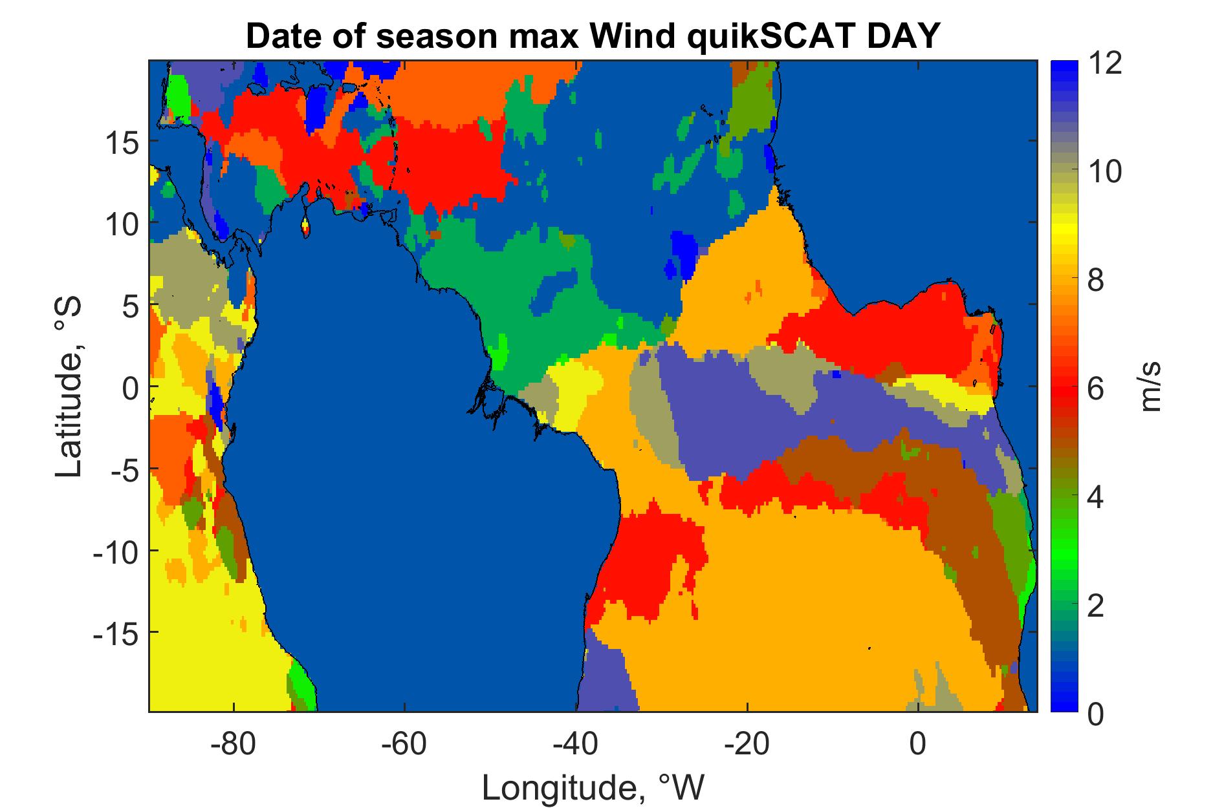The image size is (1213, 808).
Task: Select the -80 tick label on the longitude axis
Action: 234,744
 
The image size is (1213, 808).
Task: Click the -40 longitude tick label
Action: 576,744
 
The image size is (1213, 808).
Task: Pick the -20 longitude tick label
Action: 747,744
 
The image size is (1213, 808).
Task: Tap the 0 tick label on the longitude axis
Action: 918,744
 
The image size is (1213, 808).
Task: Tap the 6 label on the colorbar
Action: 1096,390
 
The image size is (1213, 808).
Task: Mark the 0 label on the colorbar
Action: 1096,715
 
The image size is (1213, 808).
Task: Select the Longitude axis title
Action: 593,787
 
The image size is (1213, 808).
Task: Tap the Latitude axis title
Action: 69,387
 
